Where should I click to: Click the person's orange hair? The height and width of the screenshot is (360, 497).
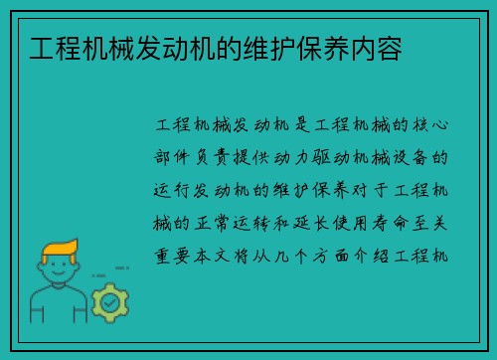[x=61, y=249]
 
